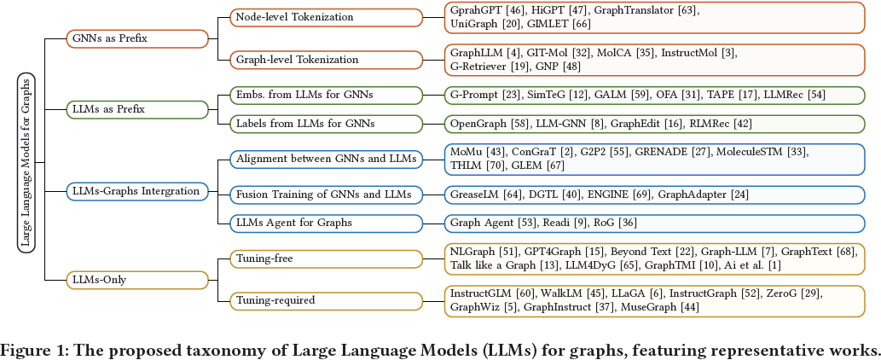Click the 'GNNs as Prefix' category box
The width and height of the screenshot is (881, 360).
(x=137, y=38)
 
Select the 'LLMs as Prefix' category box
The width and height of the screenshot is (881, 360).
(x=137, y=109)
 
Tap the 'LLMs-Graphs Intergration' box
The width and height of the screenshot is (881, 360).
(x=137, y=191)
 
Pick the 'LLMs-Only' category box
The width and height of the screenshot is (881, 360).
(x=137, y=278)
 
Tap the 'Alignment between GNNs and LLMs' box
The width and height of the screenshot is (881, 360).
(x=327, y=159)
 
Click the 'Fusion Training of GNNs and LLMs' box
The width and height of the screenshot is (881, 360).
(x=327, y=195)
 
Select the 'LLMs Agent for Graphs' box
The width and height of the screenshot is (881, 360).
(x=327, y=223)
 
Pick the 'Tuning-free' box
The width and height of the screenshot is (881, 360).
(x=327, y=258)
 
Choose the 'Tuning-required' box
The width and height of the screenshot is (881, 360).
(x=327, y=299)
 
